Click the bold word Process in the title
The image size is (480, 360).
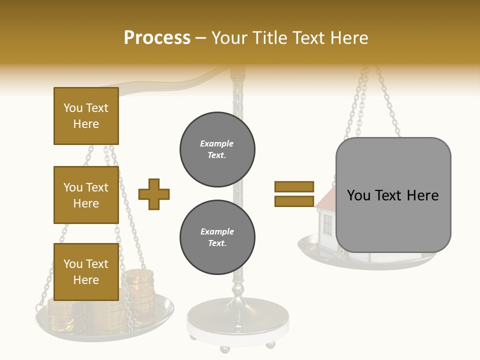pos(157,37)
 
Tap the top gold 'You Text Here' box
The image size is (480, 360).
pos(86,116)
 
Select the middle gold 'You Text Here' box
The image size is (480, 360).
pos(86,195)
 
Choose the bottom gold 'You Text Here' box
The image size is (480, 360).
pos(86,271)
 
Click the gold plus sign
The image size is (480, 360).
pos(154,194)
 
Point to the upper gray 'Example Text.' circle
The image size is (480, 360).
pos(217,149)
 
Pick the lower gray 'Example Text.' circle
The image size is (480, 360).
pos(217,237)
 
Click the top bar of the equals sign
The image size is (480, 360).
pos(294,186)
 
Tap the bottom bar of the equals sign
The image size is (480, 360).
pos(294,201)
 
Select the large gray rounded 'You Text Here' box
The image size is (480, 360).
pos(393,195)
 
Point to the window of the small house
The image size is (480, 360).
pos(327,225)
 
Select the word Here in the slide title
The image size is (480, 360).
pos(350,37)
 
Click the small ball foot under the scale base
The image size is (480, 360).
pos(270,344)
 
